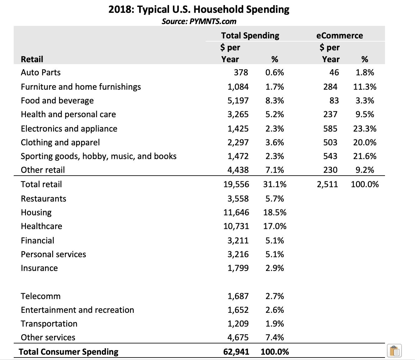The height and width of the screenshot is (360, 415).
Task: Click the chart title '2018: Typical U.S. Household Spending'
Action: click(199, 9)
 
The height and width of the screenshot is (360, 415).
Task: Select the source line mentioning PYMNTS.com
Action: click(199, 21)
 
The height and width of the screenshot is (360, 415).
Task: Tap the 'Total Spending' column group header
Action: click(250, 35)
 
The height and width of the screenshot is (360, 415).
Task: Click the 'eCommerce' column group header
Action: click(339, 35)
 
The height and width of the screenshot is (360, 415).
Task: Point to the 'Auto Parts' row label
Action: click(41, 72)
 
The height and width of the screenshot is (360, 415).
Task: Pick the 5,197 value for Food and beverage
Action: click(238, 101)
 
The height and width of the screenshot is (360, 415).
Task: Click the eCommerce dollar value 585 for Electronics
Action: click(330, 129)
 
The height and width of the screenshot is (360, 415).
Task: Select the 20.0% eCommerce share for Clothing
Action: click(365, 142)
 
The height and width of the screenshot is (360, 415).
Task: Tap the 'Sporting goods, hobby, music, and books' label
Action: click(98, 156)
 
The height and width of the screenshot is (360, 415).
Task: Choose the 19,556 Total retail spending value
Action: click(236, 184)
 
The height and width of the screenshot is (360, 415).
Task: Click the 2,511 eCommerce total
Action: click(327, 184)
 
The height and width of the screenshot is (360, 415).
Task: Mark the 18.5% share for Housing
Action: click(275, 212)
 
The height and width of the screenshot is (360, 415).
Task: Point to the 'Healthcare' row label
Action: click(41, 226)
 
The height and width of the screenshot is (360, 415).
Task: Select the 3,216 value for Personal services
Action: click(238, 254)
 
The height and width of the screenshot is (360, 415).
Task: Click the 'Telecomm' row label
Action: click(41, 296)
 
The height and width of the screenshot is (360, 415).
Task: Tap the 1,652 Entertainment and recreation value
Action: click(238, 310)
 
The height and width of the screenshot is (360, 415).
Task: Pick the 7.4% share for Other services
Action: click(275, 337)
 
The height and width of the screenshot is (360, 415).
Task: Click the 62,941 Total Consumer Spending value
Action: click(236, 352)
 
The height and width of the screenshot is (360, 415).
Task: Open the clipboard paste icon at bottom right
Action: click(394, 351)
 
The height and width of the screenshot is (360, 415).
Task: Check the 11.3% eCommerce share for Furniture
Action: click(365, 87)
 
